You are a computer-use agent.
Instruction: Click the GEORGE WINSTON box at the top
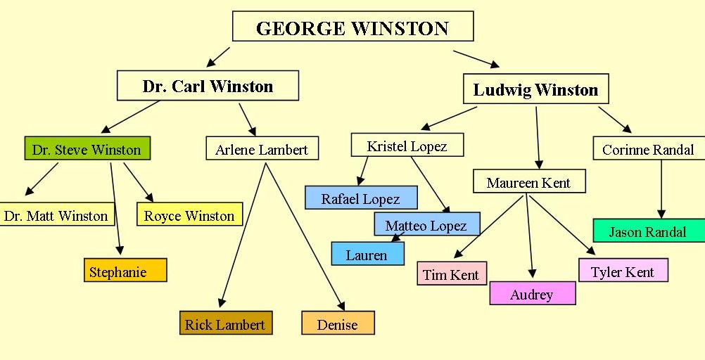(x=352, y=27)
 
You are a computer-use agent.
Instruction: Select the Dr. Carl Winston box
(x=208, y=86)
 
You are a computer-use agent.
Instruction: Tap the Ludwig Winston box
(x=535, y=89)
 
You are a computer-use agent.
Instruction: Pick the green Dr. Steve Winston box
(x=87, y=149)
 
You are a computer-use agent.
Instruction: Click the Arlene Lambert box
(x=262, y=149)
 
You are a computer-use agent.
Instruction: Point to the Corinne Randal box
(x=648, y=149)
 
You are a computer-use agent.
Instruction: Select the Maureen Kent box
(x=528, y=182)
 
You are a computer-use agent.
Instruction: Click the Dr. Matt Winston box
(x=56, y=215)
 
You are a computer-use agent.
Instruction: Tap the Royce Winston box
(x=189, y=215)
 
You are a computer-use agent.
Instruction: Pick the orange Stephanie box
(x=125, y=271)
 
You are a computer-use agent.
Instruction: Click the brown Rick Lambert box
(x=225, y=323)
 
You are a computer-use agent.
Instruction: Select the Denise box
(x=338, y=323)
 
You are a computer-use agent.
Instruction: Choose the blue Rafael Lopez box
(x=360, y=198)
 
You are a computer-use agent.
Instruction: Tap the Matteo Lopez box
(x=426, y=224)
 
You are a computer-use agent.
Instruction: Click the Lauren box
(x=367, y=254)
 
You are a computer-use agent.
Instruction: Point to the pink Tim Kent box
(x=451, y=274)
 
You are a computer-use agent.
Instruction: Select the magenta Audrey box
(x=532, y=293)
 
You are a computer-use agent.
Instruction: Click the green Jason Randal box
(x=647, y=231)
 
